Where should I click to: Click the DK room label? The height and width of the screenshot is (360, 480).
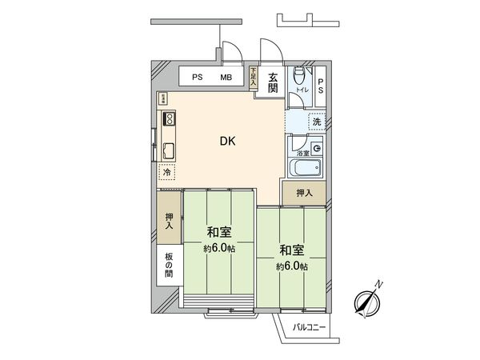tap(228, 142)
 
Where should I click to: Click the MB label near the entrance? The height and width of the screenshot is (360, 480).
tap(226, 78)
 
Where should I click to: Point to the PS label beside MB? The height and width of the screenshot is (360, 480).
tap(197, 78)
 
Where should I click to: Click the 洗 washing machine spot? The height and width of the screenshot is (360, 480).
tap(317, 122)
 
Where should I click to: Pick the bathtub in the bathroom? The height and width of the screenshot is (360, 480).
tap(305, 169)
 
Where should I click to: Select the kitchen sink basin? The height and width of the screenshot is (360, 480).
tap(170, 150)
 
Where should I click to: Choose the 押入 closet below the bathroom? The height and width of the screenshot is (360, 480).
tap(304, 192)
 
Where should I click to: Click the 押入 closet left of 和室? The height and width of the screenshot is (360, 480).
tap(170, 222)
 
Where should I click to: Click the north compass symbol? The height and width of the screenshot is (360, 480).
tap(367, 301)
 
